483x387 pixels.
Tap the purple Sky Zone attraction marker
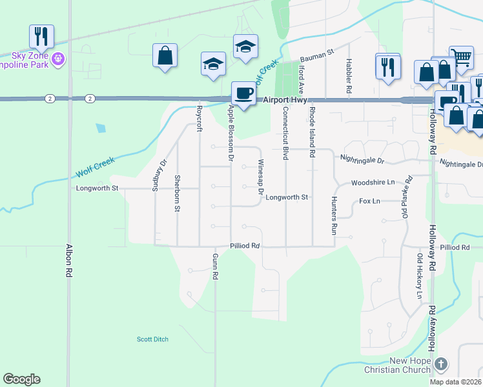coord(59,59)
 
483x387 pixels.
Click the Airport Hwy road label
coord(285,99)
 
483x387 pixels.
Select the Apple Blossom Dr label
coord(230,132)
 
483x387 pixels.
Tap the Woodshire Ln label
coord(373,183)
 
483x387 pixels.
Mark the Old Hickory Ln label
coord(420,277)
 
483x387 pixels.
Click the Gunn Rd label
coord(215,266)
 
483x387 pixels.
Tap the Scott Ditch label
coord(152,339)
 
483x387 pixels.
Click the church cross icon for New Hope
coord(440,364)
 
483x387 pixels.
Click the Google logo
coord(22,379)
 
